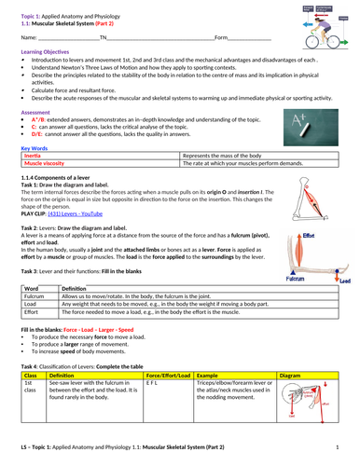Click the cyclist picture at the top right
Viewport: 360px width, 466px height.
pyautogui.click(x=326, y=23)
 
